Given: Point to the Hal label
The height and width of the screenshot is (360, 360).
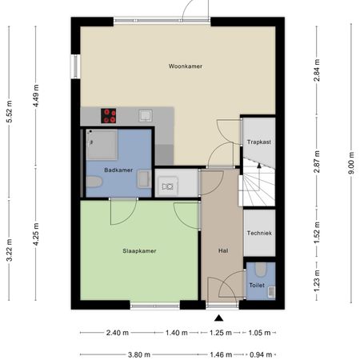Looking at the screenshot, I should [x=223, y=250].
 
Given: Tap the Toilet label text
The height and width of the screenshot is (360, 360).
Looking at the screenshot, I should [x=257, y=284].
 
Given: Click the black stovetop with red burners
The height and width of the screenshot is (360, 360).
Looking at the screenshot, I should [x=109, y=115].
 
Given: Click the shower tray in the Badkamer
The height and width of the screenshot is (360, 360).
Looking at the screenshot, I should [x=102, y=144].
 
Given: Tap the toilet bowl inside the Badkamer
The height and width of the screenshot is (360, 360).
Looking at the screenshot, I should [x=94, y=183].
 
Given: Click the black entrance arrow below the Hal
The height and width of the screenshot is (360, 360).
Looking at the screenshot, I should [x=219, y=318].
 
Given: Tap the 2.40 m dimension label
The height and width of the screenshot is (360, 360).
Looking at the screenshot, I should [x=117, y=333].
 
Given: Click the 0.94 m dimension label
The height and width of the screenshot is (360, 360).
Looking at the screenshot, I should [x=257, y=354].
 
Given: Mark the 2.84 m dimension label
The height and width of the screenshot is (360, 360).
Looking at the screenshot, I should [x=317, y=75].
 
